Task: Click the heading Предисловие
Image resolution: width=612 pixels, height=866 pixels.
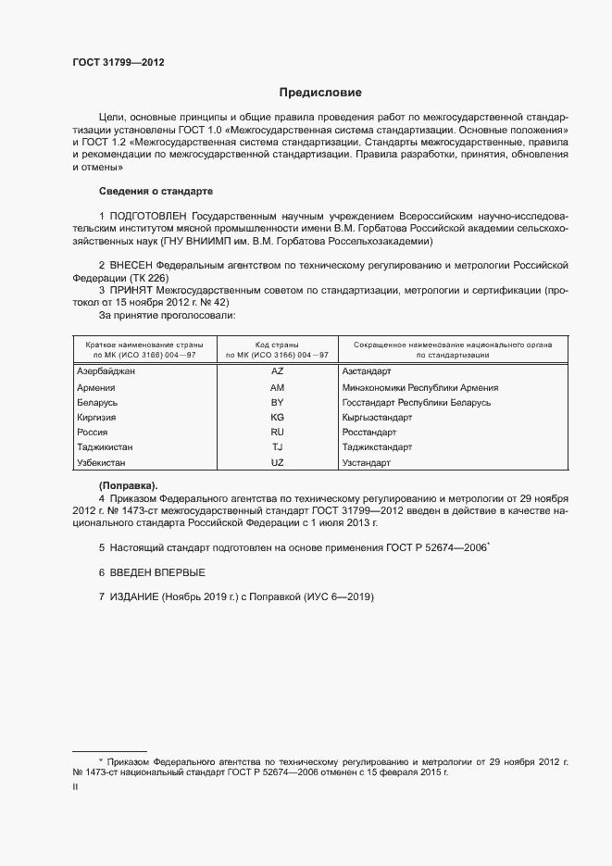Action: tap(321, 93)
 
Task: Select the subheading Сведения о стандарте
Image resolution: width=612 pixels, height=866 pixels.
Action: tap(156, 191)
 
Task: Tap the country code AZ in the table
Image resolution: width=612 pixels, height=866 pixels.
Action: tap(277, 371)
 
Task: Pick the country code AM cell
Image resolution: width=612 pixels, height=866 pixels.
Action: tap(277, 387)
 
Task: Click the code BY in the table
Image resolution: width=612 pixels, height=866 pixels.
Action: tap(277, 402)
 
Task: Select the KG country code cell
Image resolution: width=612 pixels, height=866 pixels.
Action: tap(277, 417)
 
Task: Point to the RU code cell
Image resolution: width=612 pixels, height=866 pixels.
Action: tap(277, 432)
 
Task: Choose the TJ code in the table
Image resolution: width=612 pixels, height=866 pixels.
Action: tap(277, 446)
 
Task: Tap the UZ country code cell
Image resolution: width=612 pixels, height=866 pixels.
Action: tap(277, 461)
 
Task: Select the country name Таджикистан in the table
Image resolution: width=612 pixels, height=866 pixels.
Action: tap(106, 446)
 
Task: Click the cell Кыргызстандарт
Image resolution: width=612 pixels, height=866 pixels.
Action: tap(377, 417)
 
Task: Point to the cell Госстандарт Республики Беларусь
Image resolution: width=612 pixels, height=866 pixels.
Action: tap(416, 402)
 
